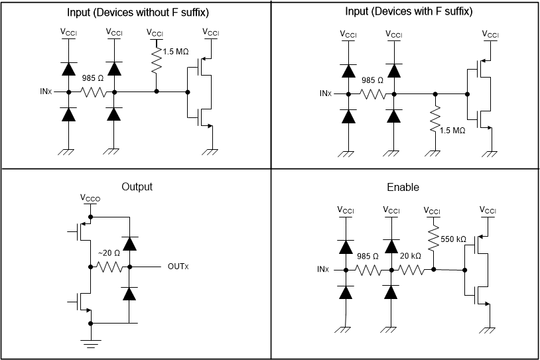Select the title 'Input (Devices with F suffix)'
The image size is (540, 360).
point(409,12)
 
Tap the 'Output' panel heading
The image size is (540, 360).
point(137,186)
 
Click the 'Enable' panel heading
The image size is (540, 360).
point(403,188)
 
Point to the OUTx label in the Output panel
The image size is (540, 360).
point(178,267)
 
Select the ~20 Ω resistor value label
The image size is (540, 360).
point(109,253)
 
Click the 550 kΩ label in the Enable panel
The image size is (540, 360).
point(453,239)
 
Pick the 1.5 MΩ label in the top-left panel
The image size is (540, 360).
point(174,52)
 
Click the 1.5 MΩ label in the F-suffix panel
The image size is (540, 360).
point(452,131)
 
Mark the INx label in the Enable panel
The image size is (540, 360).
point(323,270)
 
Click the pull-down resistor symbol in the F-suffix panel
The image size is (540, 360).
point(435,120)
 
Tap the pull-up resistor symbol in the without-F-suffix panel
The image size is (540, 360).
point(157,62)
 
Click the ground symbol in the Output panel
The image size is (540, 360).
point(90,343)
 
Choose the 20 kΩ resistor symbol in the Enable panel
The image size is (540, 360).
point(413,270)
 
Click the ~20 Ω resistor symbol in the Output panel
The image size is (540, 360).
point(109,267)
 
